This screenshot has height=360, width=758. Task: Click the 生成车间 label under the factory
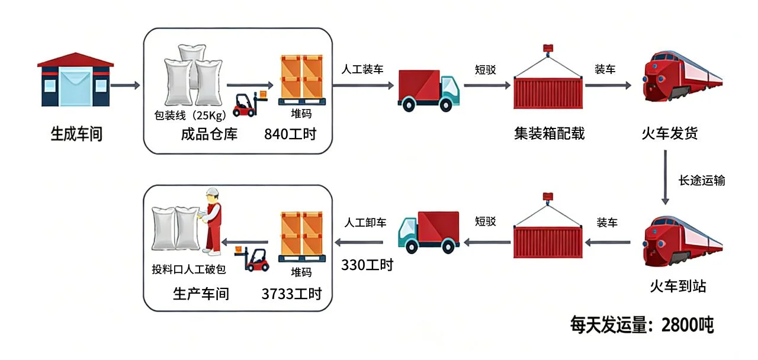pos(76,134)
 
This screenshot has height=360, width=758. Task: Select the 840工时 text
pos(290,134)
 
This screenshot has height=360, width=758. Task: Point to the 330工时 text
pos(367,265)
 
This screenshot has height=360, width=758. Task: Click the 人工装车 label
pos(362,69)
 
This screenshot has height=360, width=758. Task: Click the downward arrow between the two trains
pos(666,176)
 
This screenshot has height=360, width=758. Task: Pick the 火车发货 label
pos(670,134)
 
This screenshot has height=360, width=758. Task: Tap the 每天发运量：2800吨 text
pos(641,325)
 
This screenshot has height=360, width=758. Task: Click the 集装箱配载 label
pos(550,134)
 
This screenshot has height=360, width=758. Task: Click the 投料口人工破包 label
pos(189,270)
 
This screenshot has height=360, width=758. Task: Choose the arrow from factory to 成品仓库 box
pos(126,86)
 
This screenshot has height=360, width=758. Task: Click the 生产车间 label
pos(201,293)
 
